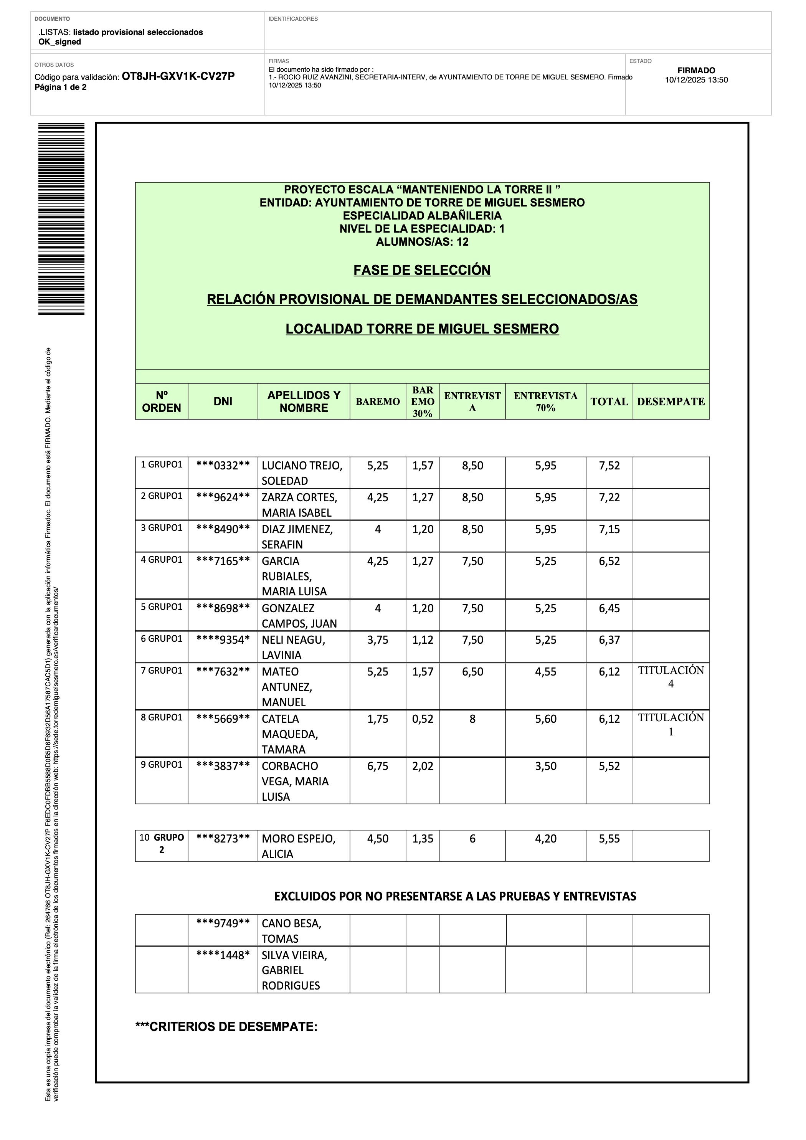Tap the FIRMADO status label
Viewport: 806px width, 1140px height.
pos(696,71)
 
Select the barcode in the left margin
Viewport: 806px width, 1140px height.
pos(61,218)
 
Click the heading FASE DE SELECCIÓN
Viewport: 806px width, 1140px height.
pos(422,270)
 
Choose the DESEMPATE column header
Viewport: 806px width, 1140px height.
pos(671,401)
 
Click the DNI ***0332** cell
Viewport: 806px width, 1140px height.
pos(223,466)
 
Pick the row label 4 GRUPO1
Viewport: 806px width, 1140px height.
pos(162,560)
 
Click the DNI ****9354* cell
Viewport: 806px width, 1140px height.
pos(223,640)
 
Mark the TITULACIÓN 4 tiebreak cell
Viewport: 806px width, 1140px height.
pos(671,677)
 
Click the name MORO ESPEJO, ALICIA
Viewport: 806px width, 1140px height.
pos(299,846)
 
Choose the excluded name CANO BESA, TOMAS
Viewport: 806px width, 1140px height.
pos(292,931)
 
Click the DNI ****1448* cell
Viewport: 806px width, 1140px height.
pos(223,955)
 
